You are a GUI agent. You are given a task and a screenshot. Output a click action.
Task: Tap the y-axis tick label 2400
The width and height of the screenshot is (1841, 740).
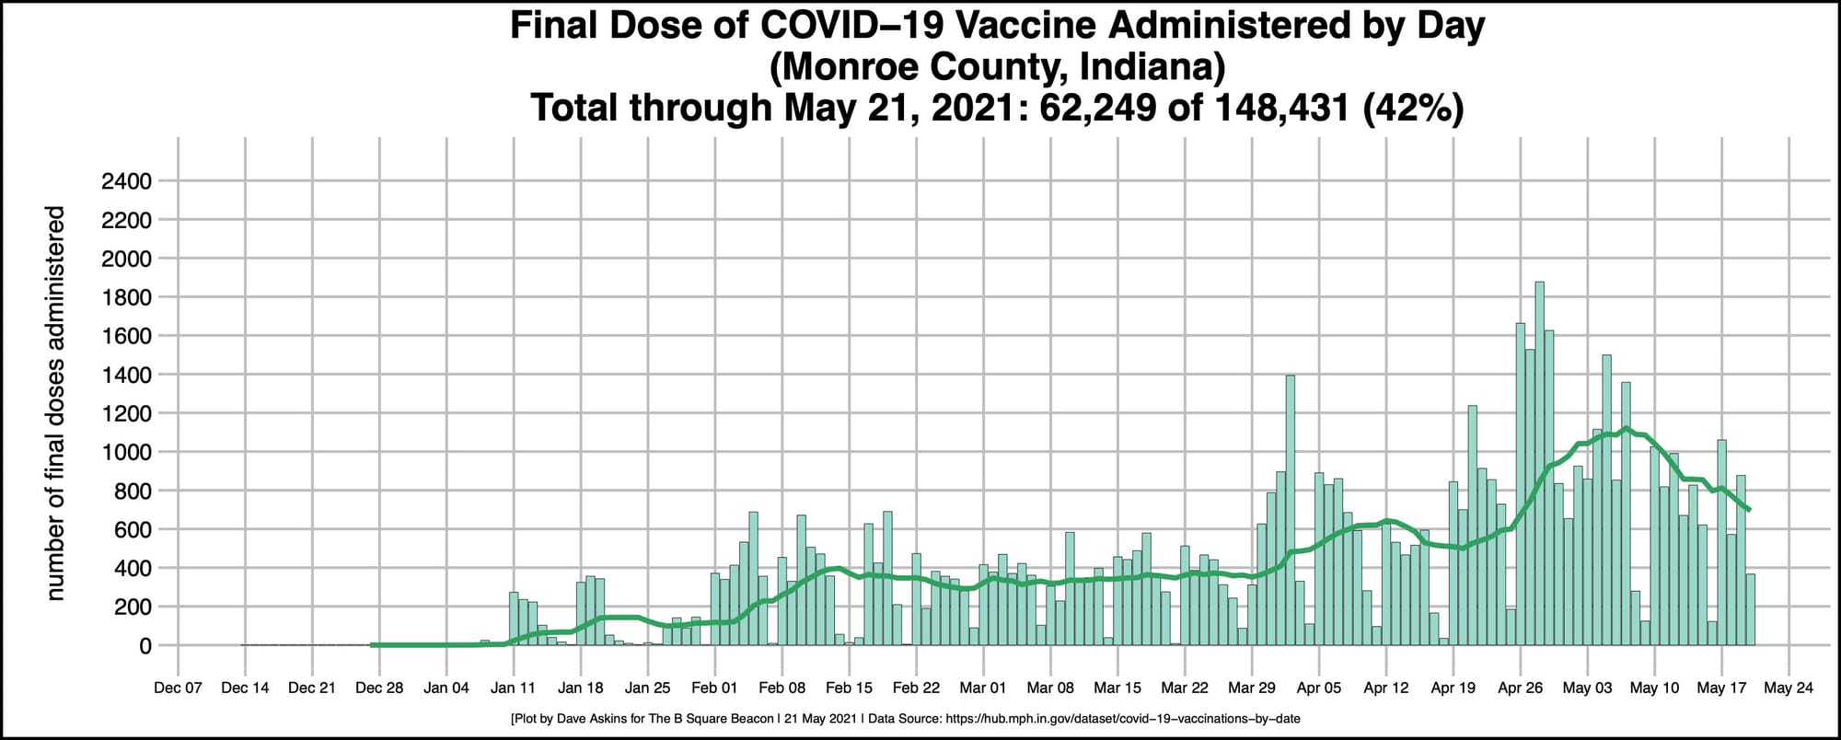[x=126, y=181]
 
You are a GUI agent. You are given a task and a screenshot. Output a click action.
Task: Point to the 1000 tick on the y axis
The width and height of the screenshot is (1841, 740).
[x=126, y=452]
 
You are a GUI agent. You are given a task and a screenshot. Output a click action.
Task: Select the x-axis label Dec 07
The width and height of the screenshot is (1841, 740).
[x=178, y=688]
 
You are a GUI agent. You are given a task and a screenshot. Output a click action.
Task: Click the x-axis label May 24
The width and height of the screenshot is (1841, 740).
[x=1789, y=688]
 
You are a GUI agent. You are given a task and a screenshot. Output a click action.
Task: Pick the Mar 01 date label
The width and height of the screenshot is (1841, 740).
[x=983, y=688]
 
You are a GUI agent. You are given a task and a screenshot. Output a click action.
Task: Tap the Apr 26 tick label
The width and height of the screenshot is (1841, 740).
[x=1521, y=688]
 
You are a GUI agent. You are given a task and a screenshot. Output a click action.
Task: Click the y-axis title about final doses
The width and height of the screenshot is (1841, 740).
[x=56, y=403]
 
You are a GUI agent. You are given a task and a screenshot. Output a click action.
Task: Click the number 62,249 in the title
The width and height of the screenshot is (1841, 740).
[x=1097, y=108]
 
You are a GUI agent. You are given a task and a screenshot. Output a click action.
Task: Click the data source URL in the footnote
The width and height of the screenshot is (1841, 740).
[x=1123, y=718]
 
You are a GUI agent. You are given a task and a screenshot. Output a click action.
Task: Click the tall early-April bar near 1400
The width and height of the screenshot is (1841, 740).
[x=1290, y=511]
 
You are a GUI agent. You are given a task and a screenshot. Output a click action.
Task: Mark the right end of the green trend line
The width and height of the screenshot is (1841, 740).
[x=1749, y=509]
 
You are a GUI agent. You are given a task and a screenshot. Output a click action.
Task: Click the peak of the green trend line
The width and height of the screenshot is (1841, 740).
[x=1627, y=428]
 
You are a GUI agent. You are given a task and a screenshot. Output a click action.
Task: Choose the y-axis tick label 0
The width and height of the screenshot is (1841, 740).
[x=145, y=646]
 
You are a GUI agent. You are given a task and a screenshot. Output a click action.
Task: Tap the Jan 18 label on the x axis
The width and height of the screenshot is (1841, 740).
[x=581, y=688]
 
